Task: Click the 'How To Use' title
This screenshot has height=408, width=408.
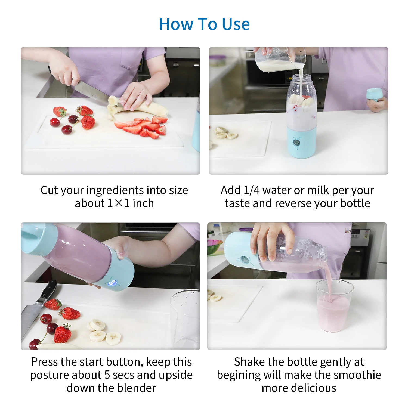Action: pos(204,24)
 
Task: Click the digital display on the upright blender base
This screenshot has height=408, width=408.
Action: pos(297,142)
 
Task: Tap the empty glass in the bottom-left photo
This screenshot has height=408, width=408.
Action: pos(185,319)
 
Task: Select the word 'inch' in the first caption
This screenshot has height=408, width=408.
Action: pos(143,203)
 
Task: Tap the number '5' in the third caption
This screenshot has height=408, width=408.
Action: pos(107,375)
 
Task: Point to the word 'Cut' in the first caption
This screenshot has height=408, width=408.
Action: pos(49,190)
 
